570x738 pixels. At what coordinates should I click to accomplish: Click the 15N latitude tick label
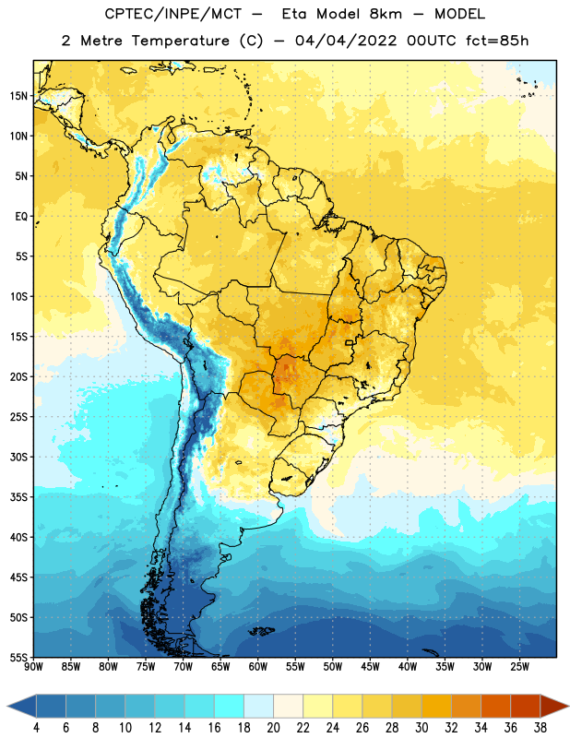click(18, 96)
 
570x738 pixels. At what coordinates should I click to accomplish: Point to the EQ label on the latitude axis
click(21, 217)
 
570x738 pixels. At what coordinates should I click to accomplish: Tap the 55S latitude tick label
click(18, 657)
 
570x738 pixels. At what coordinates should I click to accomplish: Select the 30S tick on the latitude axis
click(18, 457)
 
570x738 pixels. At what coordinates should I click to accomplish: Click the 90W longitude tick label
click(33, 667)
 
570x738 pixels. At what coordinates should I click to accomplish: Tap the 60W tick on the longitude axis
click(258, 667)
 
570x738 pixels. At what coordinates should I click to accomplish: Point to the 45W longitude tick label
click(371, 667)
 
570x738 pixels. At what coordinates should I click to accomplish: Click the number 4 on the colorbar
click(36, 728)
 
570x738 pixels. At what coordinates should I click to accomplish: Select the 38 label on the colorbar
click(540, 728)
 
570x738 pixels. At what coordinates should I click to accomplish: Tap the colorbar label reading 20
click(273, 728)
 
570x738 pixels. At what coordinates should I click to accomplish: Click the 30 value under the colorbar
click(422, 728)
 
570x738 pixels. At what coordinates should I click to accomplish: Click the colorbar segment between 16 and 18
click(230, 706)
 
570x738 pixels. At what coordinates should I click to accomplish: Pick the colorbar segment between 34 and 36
click(496, 706)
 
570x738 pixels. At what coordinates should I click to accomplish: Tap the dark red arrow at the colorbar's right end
click(554, 706)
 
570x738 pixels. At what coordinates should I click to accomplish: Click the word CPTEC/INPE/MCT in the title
click(173, 14)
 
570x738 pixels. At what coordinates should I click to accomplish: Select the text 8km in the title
click(386, 14)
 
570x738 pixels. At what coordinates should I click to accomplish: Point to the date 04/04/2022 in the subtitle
click(346, 41)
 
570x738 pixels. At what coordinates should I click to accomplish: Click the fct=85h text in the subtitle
click(497, 41)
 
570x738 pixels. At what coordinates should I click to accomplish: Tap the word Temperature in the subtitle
click(180, 41)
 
